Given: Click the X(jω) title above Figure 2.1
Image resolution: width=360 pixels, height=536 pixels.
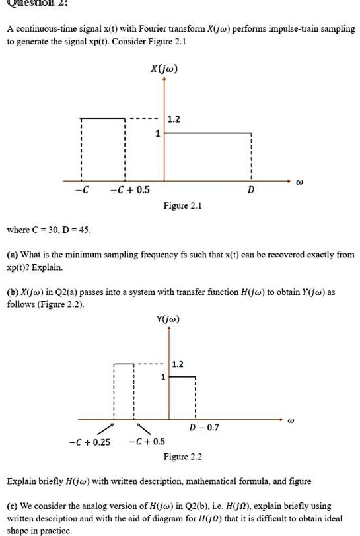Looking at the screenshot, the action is (164, 69).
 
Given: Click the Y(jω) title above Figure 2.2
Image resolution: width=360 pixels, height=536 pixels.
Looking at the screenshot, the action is (168, 319).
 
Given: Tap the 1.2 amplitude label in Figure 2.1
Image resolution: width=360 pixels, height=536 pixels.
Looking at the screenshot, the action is (173, 120).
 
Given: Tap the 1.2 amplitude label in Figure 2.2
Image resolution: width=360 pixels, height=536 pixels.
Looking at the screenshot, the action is (178, 364).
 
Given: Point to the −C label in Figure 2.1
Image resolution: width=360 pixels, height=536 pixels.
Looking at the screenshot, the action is (83, 191).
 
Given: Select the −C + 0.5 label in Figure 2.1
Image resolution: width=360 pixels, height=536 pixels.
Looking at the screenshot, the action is (130, 191).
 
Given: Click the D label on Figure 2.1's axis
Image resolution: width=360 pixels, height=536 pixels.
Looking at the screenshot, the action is (251, 191).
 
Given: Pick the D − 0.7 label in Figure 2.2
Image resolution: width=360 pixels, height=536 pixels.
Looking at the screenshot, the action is (203, 428).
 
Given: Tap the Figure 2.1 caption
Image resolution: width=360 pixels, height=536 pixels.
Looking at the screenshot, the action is (183, 206).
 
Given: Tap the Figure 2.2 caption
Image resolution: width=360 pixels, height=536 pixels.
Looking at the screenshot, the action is (183, 457).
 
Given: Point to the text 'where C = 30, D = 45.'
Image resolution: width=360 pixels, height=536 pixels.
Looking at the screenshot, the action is (49, 230).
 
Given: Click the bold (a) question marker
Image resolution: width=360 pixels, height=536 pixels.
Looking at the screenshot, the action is (12, 254).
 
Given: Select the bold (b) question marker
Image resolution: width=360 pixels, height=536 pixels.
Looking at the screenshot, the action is (12, 292).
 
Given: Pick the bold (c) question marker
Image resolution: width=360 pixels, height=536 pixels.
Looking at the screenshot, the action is (12, 505).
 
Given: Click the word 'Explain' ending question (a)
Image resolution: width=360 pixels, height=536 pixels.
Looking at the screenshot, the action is (48, 267).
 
